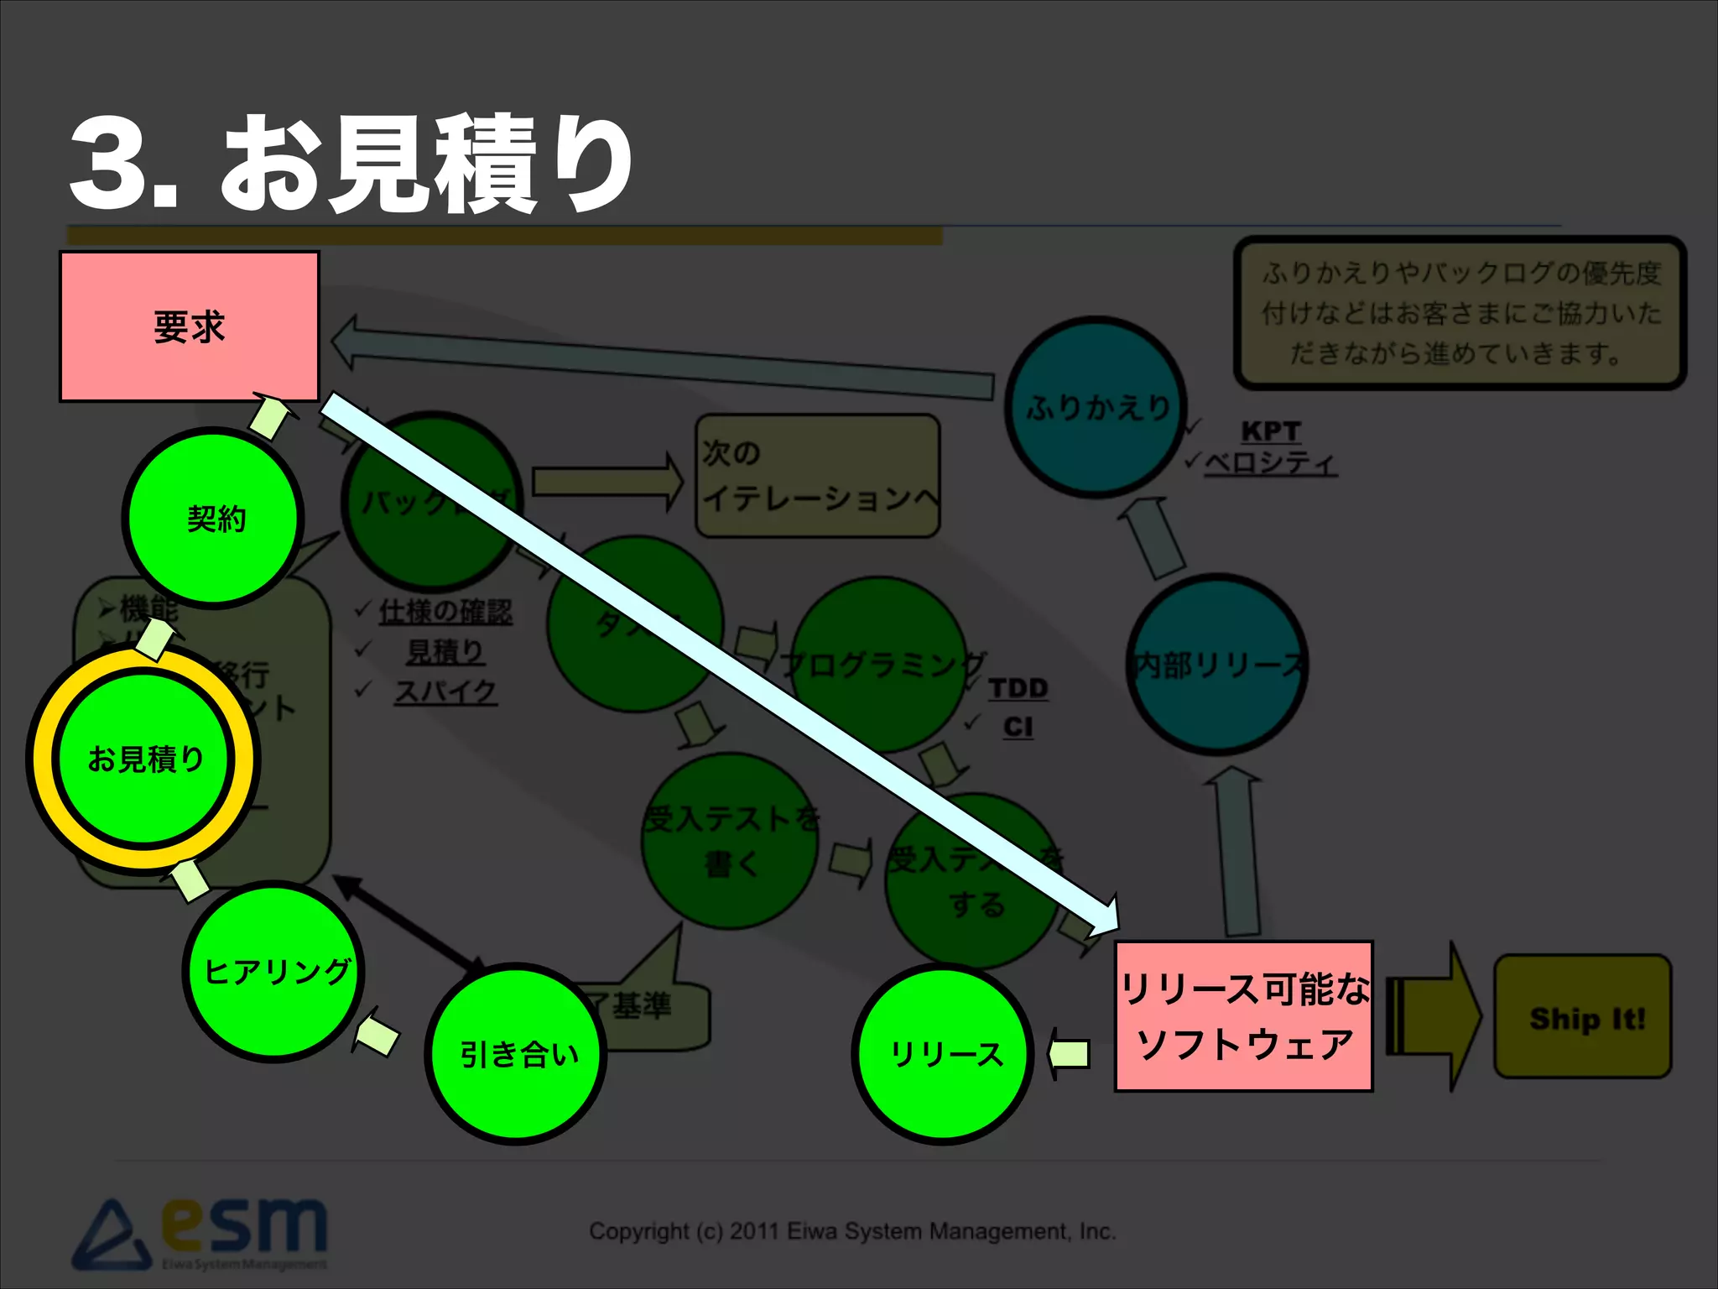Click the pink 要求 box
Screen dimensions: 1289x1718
coord(190,326)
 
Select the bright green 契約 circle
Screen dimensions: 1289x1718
coord(214,518)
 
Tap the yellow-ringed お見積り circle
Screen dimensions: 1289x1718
coord(144,759)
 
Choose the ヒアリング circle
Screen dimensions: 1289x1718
coord(274,971)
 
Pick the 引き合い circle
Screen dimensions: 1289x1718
coord(517,1053)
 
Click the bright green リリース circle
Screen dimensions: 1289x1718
coord(944,1053)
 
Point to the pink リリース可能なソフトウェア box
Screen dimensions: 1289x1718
coord(1243,1016)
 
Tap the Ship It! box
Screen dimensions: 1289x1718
coord(1583,1017)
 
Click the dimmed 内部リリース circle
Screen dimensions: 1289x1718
coord(1217,664)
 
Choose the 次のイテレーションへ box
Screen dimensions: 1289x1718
coord(817,476)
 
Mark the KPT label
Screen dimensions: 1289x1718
coord(1270,431)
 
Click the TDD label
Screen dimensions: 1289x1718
coord(1018,688)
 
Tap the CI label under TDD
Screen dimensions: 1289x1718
coord(1018,727)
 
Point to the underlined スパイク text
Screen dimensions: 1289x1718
coord(445,691)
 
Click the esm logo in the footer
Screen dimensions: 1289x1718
coord(201,1232)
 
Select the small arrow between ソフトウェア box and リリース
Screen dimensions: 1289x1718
coord(1070,1053)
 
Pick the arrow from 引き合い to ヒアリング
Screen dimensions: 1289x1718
coord(375,1036)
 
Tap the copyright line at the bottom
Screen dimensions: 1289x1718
coord(852,1231)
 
